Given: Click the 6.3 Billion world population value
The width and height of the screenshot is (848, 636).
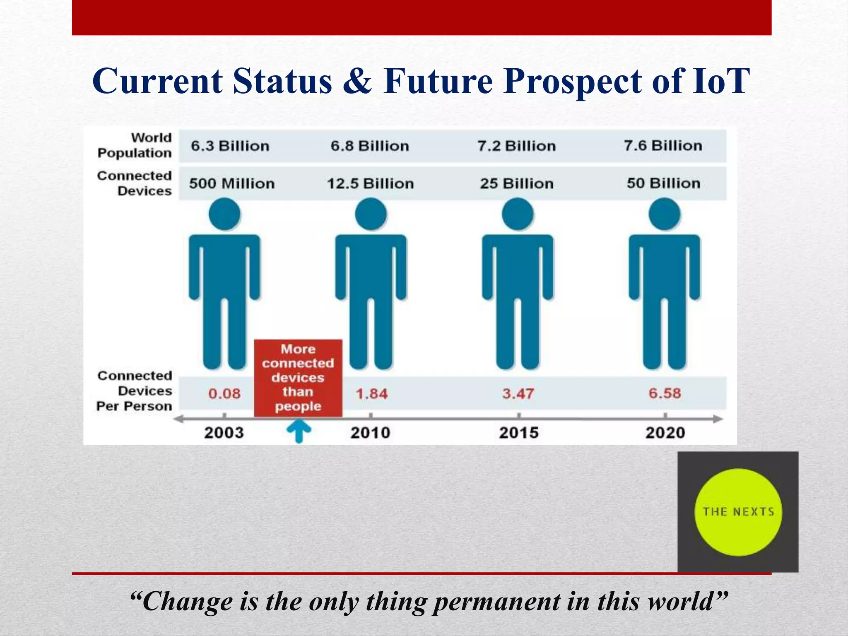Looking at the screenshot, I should [x=230, y=146].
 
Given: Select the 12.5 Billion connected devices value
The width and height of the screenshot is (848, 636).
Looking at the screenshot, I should [x=370, y=183].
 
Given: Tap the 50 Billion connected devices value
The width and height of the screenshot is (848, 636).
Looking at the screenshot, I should [x=663, y=183].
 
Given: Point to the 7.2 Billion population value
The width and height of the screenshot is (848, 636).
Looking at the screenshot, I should [x=516, y=146].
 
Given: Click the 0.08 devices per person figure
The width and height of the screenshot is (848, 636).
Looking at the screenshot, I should [x=224, y=393].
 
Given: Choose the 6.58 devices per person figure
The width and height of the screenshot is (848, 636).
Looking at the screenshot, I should [x=665, y=393].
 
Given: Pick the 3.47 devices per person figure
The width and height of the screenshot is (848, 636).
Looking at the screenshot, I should [x=518, y=393].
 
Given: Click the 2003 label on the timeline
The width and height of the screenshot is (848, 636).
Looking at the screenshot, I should [x=224, y=433].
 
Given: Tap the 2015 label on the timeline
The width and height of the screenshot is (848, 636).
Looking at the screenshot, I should [x=518, y=433].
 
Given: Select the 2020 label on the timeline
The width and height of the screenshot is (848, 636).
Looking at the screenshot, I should [x=665, y=433].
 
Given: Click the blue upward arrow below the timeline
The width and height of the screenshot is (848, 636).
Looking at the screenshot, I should [x=299, y=431].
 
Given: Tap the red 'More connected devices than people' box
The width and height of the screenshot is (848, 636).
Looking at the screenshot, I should [x=298, y=378].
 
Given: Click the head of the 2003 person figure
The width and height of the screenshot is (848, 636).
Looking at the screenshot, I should [x=224, y=214].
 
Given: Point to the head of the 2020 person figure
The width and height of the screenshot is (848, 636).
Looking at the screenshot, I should [x=664, y=214].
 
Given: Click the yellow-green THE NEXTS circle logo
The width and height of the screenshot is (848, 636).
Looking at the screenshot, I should [x=738, y=512].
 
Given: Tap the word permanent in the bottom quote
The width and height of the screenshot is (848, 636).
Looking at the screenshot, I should [x=496, y=601].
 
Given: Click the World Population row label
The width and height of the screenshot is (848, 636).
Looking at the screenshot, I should [x=135, y=145].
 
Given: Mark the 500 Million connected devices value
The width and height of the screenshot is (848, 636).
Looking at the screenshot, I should [x=232, y=183].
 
